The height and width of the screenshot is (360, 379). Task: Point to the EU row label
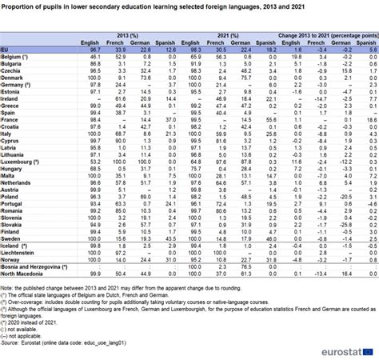click(6, 50)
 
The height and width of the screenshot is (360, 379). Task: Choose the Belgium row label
click(15, 58)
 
